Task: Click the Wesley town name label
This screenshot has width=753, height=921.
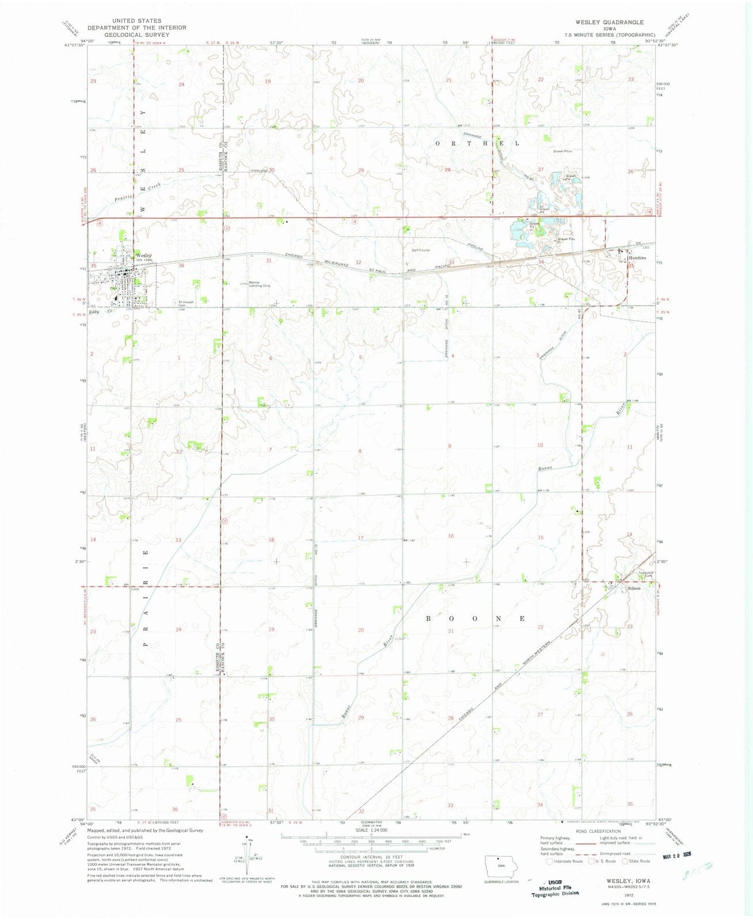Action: pos(143,255)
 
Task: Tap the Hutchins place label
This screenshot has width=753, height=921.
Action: pos(637,258)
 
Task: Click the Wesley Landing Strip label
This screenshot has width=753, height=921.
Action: pos(259,284)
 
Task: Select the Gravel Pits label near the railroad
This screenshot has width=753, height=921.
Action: pos(565,239)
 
